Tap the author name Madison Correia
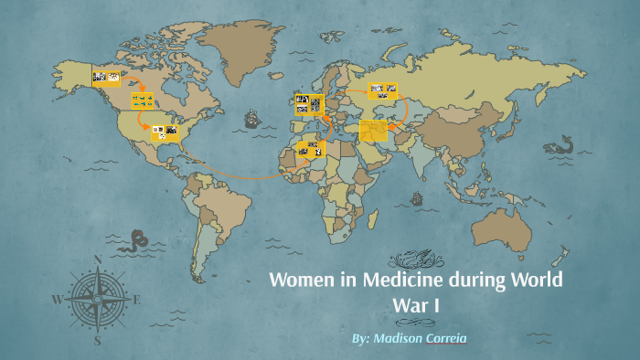coord(409,338)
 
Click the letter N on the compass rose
coord(98,259)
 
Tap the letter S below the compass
coord(98,340)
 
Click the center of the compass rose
coord(98,300)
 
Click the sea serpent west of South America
coord(137,240)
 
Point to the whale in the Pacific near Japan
coord(558,144)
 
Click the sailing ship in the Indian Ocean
coord(417,197)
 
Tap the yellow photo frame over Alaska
coord(106,78)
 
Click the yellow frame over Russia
coord(382,90)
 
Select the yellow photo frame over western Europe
coord(308,104)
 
